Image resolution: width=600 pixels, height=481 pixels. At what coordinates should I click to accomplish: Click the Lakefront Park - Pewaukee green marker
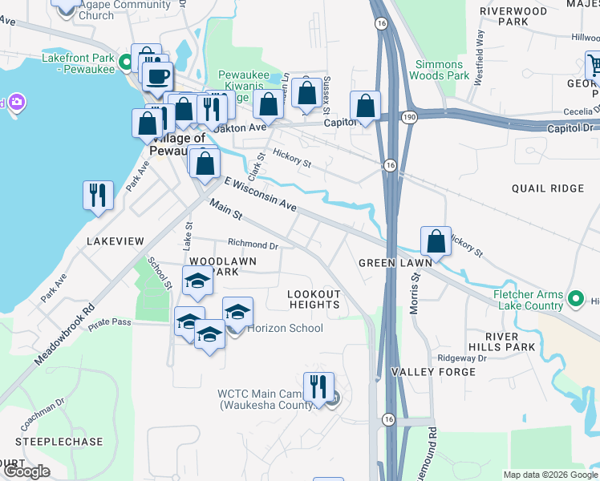(x=126, y=62)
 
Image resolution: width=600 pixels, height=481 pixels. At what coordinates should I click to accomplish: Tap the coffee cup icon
(x=156, y=76)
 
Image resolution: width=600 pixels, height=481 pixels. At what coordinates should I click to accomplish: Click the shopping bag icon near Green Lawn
(x=435, y=240)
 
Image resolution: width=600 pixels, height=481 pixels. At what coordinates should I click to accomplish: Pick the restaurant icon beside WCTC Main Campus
(x=318, y=386)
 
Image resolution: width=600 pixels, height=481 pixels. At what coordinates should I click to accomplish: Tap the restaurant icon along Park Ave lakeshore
(x=98, y=194)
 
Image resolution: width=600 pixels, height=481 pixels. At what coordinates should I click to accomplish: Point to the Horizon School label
(x=285, y=328)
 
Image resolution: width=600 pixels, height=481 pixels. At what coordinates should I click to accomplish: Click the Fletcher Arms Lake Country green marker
(x=574, y=299)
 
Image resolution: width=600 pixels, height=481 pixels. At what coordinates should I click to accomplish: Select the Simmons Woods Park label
(x=438, y=70)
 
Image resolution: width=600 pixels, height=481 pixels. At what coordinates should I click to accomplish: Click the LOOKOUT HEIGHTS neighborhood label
(x=314, y=299)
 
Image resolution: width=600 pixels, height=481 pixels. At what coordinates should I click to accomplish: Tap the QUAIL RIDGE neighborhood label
(x=547, y=188)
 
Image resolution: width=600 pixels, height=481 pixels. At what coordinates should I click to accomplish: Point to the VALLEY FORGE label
(x=422, y=372)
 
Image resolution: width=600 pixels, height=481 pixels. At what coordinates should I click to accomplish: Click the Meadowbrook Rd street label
(x=65, y=334)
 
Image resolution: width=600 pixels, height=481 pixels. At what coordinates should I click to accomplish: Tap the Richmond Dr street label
(x=253, y=245)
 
